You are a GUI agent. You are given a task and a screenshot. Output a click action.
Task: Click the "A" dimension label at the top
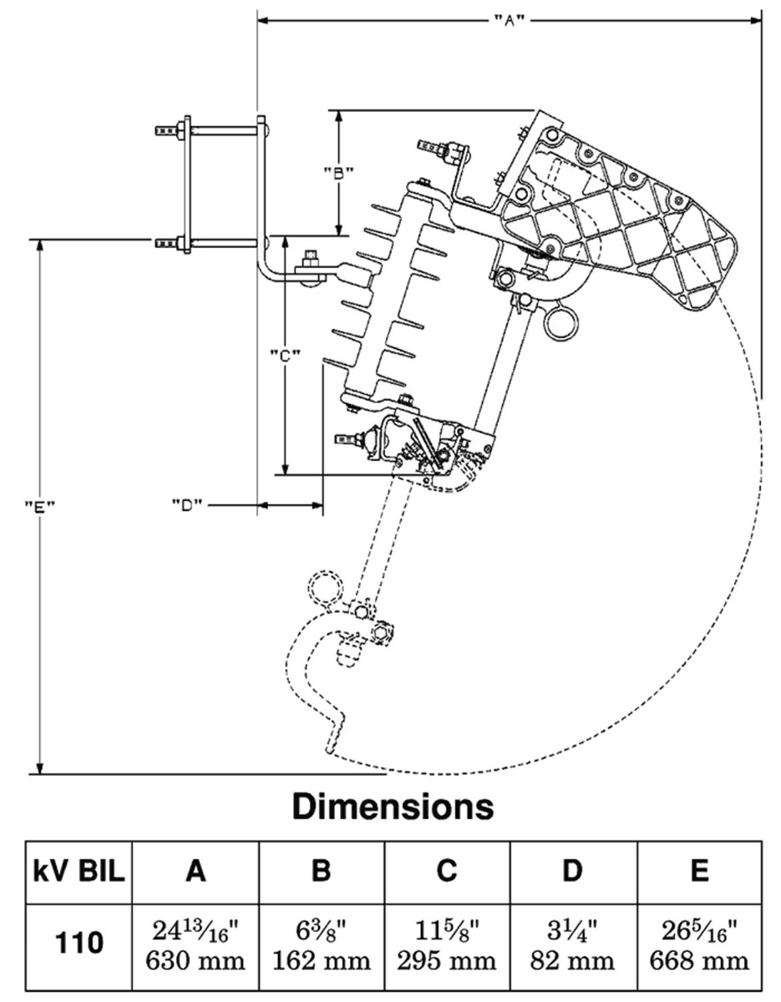coord(509,19)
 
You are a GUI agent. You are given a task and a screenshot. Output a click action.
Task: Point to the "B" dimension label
coord(339,174)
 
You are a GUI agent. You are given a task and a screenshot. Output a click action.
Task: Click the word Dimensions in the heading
coord(393,807)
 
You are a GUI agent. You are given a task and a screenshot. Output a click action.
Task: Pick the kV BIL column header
coord(79,873)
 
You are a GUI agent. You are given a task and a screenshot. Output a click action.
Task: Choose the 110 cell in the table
coord(79,943)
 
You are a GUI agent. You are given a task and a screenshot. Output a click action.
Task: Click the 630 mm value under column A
coord(195,961)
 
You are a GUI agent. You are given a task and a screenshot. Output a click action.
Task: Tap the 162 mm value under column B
coord(321,961)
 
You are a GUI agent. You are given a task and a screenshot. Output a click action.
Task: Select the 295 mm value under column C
coord(447,961)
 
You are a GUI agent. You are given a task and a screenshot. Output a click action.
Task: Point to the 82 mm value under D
coord(572,961)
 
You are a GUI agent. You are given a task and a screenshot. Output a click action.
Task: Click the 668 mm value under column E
coord(700,961)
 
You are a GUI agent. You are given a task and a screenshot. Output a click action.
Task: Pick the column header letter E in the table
coord(700,873)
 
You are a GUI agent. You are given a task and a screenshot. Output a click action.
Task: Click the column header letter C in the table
coord(447,873)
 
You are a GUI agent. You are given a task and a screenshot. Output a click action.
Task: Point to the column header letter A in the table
coord(195,873)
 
